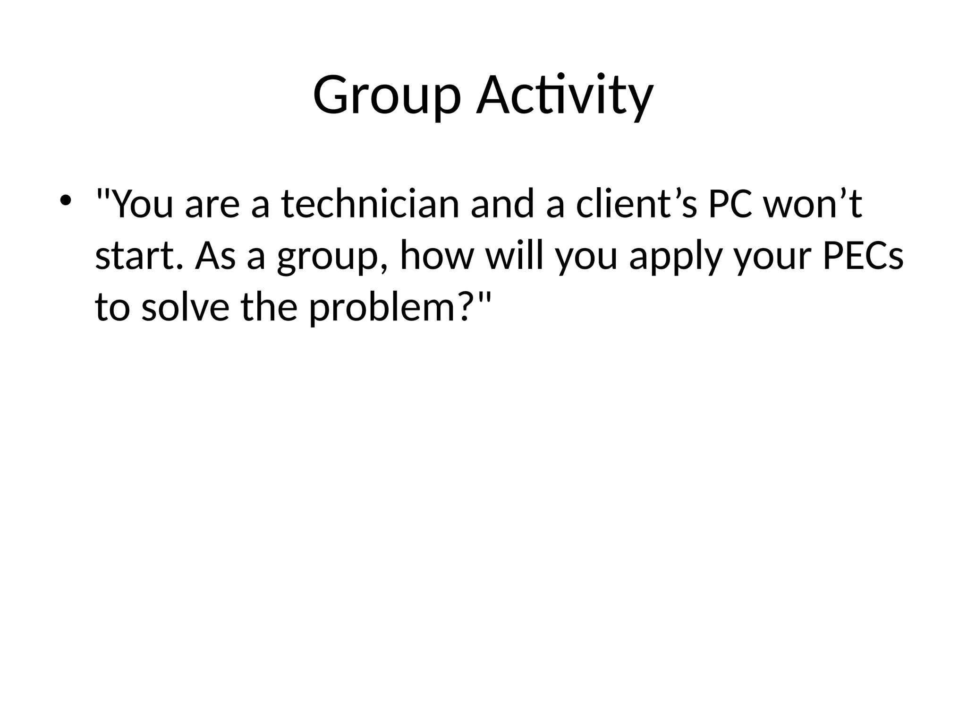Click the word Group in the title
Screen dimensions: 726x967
pyautogui.click(x=386, y=96)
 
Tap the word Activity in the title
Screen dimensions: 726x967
pyautogui.click(x=565, y=96)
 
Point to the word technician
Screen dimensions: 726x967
pyautogui.click(x=370, y=204)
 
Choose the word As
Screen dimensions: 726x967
pyautogui.click(x=215, y=256)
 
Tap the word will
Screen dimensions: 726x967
pyautogui.click(x=514, y=256)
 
